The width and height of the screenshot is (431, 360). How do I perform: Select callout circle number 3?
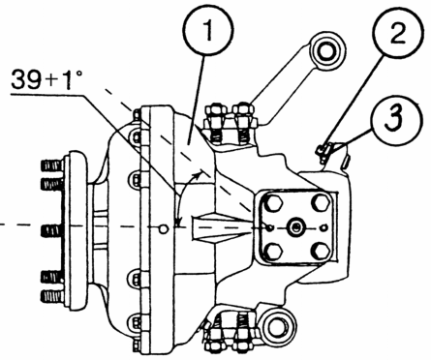tap(396, 117)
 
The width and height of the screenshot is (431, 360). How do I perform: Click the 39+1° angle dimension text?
tap(46, 79)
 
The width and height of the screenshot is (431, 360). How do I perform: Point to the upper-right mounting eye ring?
tap(326, 51)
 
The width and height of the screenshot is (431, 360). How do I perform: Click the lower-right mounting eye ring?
tap(277, 326)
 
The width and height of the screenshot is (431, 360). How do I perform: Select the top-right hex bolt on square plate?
tap(321, 202)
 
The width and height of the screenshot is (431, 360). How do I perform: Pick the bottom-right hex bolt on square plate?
tap(322, 251)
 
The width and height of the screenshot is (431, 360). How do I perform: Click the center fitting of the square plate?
tap(296, 227)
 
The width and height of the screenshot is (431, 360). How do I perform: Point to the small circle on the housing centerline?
tap(164, 229)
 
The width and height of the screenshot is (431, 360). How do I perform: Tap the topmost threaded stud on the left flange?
tap(52, 165)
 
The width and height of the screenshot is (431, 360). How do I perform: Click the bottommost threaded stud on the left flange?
tap(52, 296)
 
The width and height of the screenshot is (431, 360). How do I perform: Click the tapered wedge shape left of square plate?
tap(223, 228)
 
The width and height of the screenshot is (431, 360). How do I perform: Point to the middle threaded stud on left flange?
tap(52, 230)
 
